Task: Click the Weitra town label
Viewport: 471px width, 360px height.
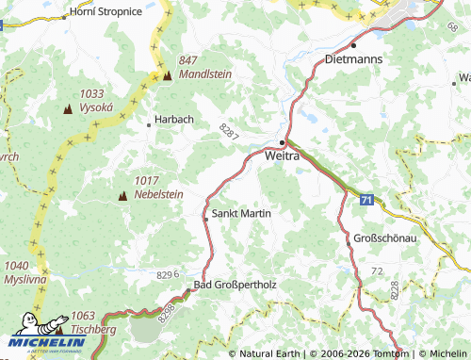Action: [283, 155]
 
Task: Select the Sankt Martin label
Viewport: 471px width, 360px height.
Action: [242, 214]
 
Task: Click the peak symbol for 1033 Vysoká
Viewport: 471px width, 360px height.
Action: [68, 110]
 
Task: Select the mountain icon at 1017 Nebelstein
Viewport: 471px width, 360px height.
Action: [122, 196]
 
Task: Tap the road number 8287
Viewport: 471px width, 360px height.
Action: [229, 133]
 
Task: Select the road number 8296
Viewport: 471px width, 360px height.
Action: [169, 274]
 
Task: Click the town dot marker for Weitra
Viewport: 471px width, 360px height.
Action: [282, 141]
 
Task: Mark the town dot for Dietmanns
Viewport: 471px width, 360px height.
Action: [354, 44]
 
